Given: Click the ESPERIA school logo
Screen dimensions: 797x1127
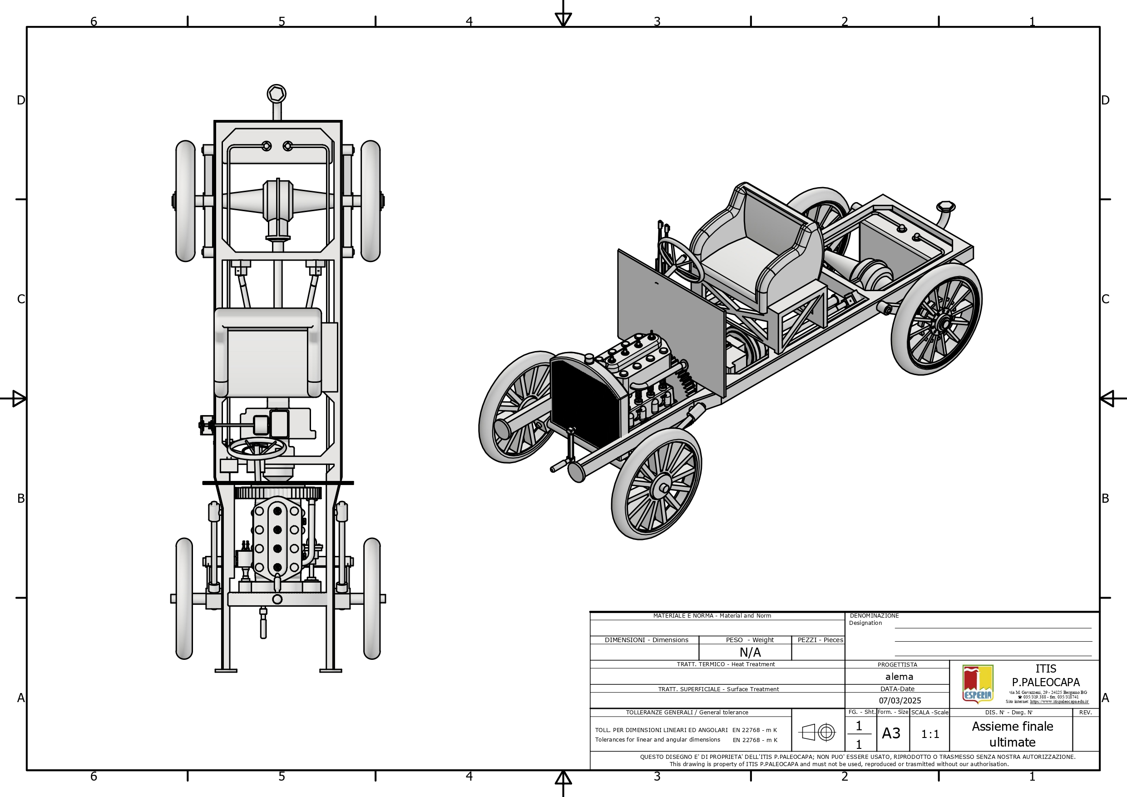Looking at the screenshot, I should point(978,683).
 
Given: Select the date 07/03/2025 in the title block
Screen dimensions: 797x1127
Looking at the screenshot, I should point(900,701).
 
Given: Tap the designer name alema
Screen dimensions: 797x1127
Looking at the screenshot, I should point(899,677).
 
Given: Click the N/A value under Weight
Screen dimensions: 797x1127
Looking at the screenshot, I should point(750,653).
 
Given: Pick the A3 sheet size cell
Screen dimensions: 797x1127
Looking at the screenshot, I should point(891,733).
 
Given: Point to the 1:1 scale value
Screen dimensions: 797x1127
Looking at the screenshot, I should point(929,734).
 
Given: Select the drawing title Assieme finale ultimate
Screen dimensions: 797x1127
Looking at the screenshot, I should point(1012,734).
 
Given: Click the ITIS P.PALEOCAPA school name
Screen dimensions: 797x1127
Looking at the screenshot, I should point(1046,676).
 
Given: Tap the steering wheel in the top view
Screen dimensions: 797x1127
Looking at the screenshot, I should point(257,449).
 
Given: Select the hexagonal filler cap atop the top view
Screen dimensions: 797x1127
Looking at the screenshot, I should point(277,94).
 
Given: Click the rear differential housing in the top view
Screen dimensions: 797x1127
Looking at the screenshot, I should point(278,201).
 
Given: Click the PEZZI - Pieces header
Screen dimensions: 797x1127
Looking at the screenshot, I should point(820,640).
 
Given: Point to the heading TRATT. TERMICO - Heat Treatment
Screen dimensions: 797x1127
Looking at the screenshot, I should point(726,664).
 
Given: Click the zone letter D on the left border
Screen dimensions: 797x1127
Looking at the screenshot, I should point(20,100).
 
